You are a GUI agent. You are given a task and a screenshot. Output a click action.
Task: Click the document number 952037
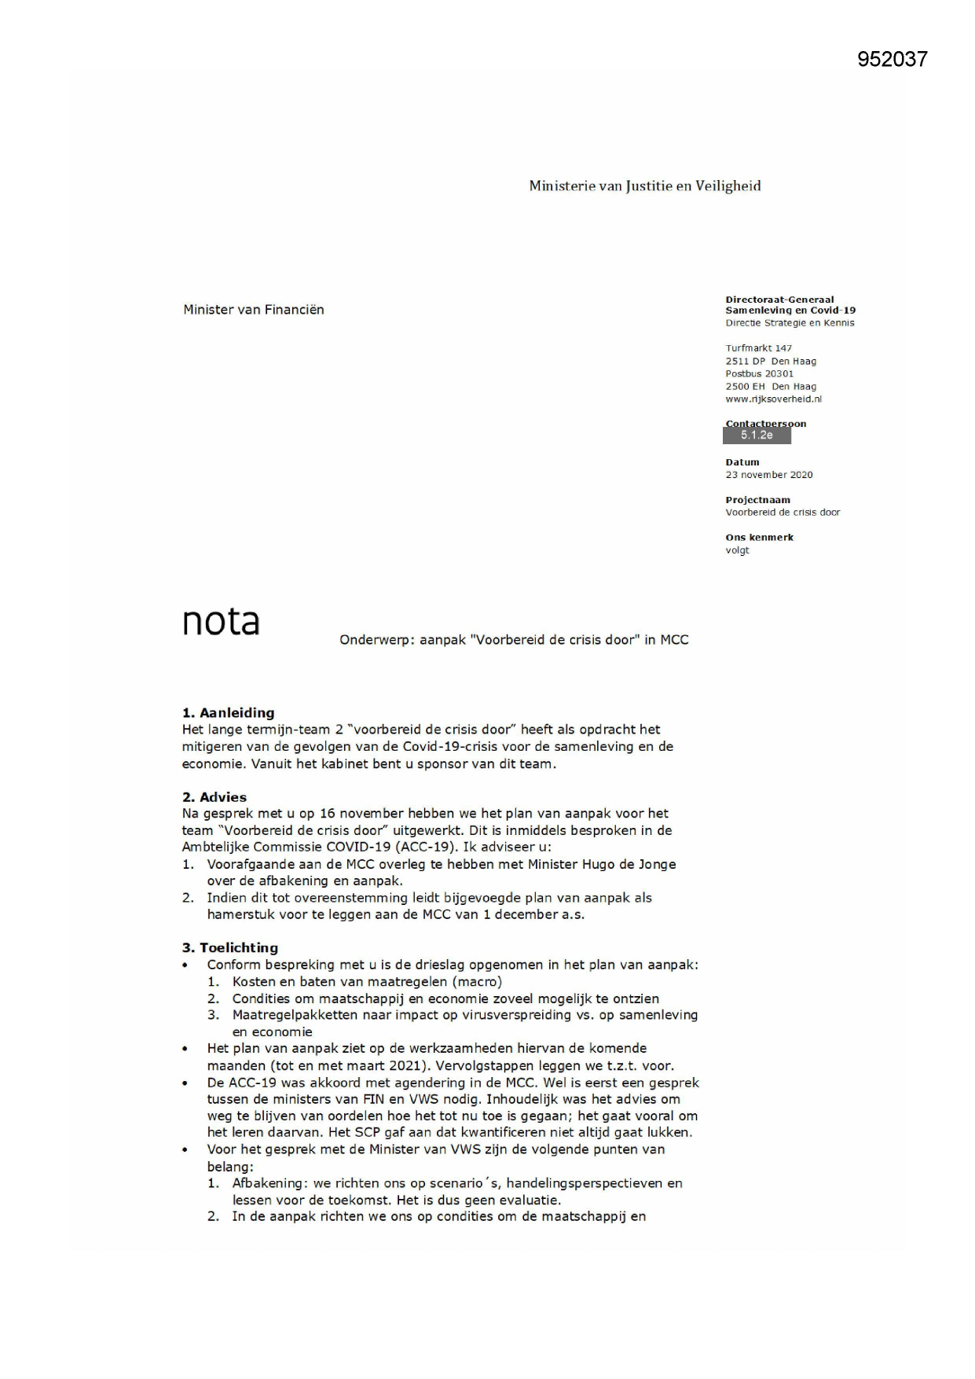(x=892, y=59)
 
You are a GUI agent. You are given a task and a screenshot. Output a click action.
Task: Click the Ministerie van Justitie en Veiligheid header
(x=644, y=186)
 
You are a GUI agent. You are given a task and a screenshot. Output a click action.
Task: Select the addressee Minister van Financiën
(x=253, y=310)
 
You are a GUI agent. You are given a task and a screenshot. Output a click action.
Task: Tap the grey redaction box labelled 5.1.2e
(x=757, y=436)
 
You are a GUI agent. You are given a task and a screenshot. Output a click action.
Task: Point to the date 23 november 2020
(x=768, y=475)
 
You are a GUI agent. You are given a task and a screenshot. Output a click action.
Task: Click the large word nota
(x=221, y=622)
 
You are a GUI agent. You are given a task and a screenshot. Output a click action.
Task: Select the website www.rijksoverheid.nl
(x=773, y=399)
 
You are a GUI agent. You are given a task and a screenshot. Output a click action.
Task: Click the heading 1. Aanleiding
(x=228, y=713)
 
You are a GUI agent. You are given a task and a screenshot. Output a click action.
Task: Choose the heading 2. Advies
(x=214, y=797)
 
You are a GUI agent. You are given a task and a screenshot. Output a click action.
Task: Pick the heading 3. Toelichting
(x=229, y=947)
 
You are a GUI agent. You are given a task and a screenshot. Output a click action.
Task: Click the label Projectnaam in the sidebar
(x=757, y=500)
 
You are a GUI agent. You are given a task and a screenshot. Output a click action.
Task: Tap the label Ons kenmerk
(x=759, y=538)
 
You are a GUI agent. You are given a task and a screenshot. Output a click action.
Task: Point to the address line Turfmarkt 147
(x=758, y=348)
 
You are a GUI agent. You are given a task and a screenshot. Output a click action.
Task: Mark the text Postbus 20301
(x=759, y=374)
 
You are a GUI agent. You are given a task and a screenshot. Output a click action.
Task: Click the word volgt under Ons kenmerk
(x=737, y=550)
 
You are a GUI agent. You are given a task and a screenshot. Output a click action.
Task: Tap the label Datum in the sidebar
(x=742, y=462)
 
